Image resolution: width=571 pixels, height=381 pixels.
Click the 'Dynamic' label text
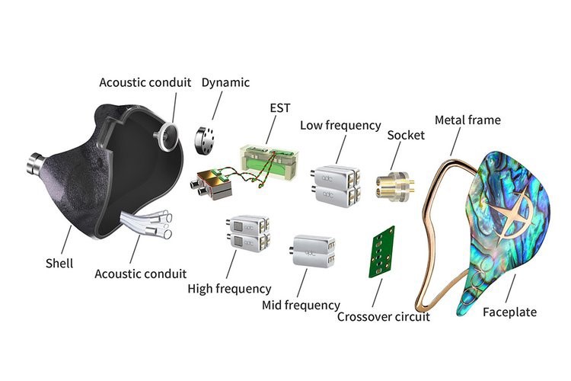coord(225,82)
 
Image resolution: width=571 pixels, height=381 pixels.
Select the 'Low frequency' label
coord(340,125)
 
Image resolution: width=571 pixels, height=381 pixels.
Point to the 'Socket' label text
coord(405,135)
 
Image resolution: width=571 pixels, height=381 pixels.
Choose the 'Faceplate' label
coord(509,312)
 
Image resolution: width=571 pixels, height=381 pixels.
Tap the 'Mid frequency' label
coord(300,305)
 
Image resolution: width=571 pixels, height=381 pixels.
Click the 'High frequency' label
coord(229,289)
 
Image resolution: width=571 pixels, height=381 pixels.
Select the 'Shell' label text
coord(59,263)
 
